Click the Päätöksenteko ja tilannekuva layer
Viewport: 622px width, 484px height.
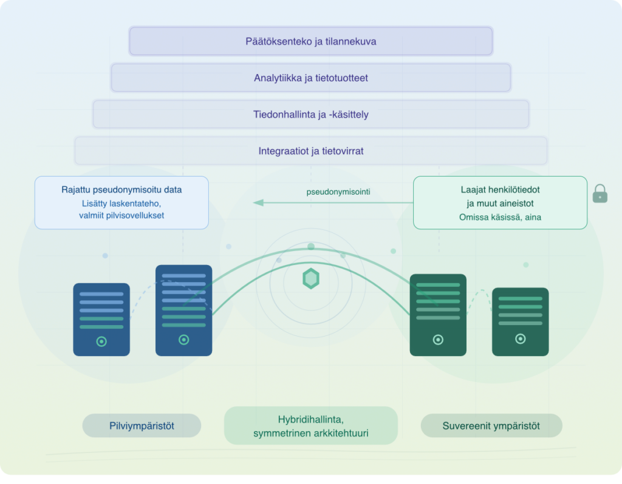(310, 41)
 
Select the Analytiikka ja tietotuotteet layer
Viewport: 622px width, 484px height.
(310, 78)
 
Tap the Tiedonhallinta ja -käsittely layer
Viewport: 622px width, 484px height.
(310, 114)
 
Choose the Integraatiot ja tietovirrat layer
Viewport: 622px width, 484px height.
(310, 150)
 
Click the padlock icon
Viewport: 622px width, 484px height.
(600, 193)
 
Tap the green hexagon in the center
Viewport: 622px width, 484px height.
(311, 278)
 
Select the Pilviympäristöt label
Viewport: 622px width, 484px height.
(142, 426)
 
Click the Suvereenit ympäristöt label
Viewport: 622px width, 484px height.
(491, 426)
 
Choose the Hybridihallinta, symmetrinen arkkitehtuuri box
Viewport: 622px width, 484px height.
(310, 426)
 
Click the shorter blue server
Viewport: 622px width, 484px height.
(101, 319)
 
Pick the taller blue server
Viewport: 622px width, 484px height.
(183, 310)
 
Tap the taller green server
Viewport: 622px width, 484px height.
(438, 314)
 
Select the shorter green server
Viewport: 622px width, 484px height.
(520, 321)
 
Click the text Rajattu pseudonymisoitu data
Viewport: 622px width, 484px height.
(121, 190)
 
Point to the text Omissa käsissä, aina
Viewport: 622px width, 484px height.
(500, 217)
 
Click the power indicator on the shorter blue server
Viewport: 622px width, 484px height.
(101, 341)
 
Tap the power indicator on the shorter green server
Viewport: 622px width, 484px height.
(520, 339)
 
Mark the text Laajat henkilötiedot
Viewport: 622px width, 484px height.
(500, 190)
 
